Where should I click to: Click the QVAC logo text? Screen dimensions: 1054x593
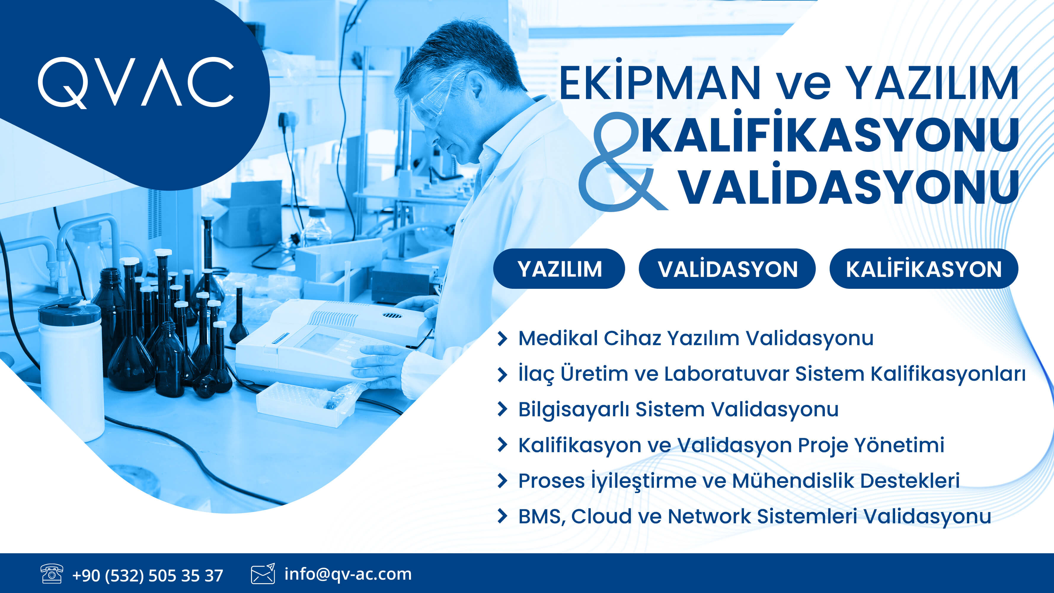[x=136, y=83]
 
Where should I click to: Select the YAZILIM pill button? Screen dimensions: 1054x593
[x=559, y=269]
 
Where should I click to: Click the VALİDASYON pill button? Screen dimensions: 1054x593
[x=727, y=269]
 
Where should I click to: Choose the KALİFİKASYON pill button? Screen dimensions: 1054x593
[x=924, y=269]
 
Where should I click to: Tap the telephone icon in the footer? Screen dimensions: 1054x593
[x=52, y=573]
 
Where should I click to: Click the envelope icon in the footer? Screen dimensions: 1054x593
[x=263, y=573]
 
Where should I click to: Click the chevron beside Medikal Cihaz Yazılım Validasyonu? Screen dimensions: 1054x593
[x=502, y=339]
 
